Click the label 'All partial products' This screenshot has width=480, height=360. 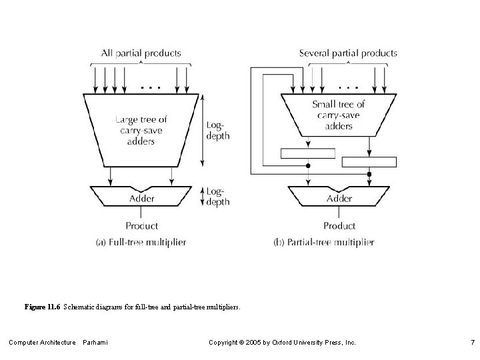pos(141,53)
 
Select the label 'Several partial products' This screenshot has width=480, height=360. pos(348,53)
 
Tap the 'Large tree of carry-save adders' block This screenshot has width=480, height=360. pos(141,131)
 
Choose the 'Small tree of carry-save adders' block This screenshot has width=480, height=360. pos(339,115)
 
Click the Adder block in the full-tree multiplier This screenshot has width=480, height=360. pos(141,197)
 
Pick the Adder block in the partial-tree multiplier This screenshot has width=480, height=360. pos(339,197)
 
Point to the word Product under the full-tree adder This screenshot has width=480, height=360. pos(141,226)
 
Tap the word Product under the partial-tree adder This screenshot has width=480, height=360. pos(339,226)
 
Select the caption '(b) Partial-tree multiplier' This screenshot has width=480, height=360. pos(324,242)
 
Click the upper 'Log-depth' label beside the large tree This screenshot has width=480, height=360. pos(218,130)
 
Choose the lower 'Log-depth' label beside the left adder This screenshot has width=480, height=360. pos(218,197)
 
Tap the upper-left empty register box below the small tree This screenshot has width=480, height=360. pos(307,153)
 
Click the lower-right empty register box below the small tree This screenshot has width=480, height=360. pos(369,161)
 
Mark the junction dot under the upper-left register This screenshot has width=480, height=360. pos(307,165)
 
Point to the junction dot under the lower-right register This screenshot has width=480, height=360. pos(369,173)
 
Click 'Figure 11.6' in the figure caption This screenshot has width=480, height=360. pos(42,307)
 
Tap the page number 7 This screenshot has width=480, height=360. pos(471,343)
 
